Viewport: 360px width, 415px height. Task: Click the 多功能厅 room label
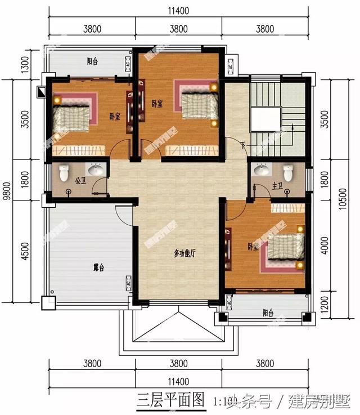point(184,255)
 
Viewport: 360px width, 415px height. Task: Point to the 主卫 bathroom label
point(277,185)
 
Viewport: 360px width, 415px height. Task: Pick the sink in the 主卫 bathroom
point(262,169)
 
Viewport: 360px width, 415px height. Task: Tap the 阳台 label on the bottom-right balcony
point(268,313)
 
